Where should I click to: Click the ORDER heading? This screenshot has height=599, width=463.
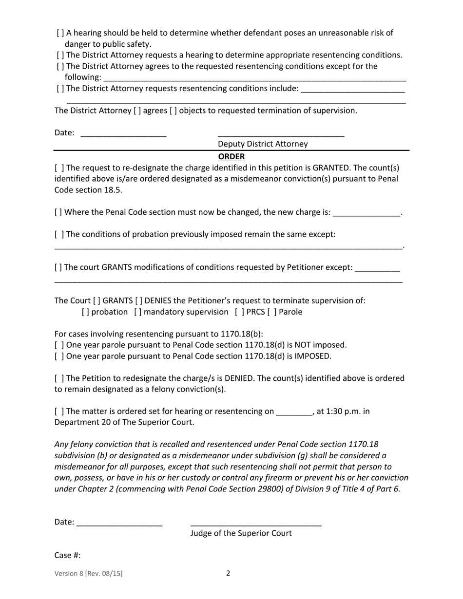click(x=231, y=157)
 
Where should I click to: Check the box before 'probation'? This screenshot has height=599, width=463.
click(x=86, y=312)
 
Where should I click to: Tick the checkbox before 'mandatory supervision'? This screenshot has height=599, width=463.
click(x=138, y=312)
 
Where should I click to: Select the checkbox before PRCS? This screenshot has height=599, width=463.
click(x=239, y=312)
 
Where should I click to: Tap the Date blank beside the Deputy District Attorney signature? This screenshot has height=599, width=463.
click(x=123, y=134)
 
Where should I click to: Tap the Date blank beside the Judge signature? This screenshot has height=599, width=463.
click(x=119, y=524)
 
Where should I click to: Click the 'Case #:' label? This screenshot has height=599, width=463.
click(x=67, y=556)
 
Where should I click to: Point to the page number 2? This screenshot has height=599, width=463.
click(x=228, y=573)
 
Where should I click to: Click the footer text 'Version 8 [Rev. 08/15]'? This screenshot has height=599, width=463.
click(x=89, y=574)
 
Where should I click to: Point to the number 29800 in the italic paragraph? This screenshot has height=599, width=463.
click(x=268, y=489)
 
